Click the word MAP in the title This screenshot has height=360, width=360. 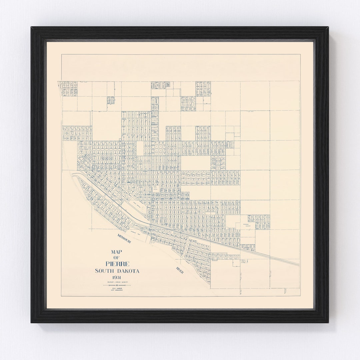[x=117, y=252]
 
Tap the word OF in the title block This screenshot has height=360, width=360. [x=117, y=258]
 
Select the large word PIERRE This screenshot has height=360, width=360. [x=117, y=264]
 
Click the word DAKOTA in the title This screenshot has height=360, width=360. [x=128, y=271]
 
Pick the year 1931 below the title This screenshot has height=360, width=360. [x=117, y=278]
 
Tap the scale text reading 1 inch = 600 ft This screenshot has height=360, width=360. [x=117, y=283]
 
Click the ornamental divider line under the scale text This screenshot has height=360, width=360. [x=117, y=286]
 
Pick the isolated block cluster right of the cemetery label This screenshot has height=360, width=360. [x=259, y=222]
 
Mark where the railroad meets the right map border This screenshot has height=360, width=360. [x=299, y=265]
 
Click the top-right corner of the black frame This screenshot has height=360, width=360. [x=328, y=28]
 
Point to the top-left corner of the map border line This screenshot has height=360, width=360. [x=61, y=54]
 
